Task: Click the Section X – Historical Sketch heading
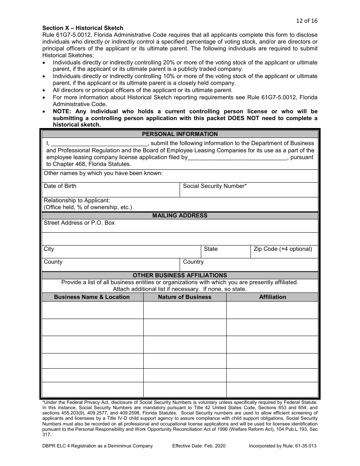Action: tap(83, 28)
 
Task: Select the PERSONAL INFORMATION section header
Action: tap(180, 134)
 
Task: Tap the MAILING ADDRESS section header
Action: tap(180, 215)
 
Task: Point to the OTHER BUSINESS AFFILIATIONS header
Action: tap(180, 275)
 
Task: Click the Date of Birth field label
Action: tap(60, 186)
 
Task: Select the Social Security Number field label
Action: tap(214, 186)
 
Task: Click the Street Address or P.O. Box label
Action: tap(79, 223)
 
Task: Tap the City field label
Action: tap(49, 249)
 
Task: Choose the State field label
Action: tap(211, 249)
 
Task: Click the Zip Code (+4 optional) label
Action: tap(283, 249)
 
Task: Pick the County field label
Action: tap(53, 262)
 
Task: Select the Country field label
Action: tap(193, 262)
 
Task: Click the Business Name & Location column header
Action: tap(92, 297)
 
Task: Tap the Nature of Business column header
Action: tap(185, 297)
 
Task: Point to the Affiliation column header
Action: tap(272, 297)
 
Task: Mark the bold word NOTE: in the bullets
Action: tap(63, 111)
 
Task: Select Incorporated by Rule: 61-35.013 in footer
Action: tap(282, 446)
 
